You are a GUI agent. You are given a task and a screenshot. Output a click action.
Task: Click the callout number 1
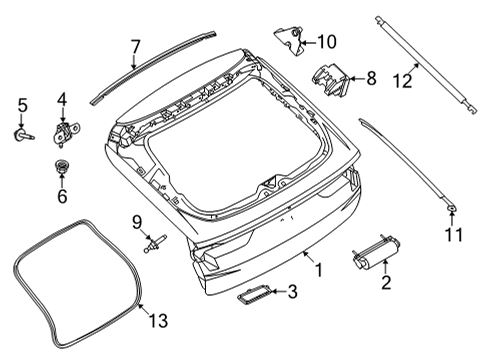319,271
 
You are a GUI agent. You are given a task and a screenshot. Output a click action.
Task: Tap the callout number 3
292,292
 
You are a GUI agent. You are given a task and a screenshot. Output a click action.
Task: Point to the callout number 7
136,45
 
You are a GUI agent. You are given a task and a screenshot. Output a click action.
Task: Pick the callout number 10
328,42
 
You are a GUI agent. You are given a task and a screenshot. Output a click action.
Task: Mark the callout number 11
452,237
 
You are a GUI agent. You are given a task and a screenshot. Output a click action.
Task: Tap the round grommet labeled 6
60,169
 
